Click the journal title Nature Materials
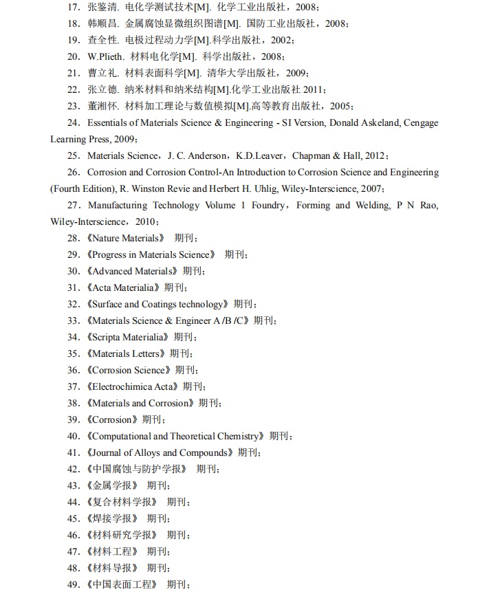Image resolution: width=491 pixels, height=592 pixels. (127, 238)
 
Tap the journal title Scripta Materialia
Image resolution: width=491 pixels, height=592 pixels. (129, 337)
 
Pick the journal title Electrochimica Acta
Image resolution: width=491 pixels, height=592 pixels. (133, 386)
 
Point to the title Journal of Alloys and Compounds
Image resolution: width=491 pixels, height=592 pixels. (159, 452)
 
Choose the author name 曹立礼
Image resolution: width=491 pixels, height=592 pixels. (100, 73)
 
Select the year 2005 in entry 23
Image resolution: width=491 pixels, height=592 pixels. (341, 106)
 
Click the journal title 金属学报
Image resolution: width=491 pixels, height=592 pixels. (114, 485)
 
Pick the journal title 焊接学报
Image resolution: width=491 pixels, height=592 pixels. (114, 518)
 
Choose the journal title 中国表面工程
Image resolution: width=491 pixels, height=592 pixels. (124, 584)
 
